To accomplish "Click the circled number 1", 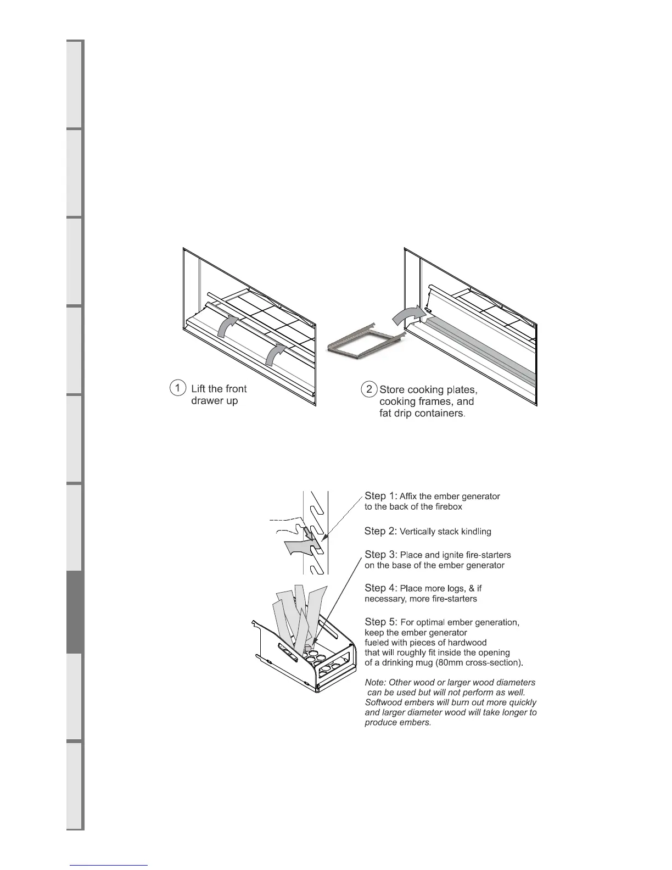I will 177,388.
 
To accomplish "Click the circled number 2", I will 369,389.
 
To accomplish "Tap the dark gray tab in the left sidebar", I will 75,612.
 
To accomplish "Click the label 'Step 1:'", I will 381,496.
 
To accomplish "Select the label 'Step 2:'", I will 381,531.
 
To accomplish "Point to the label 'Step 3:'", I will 381,555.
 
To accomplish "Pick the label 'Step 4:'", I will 381,588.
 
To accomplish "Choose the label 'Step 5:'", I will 381,622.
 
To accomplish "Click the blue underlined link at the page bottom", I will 109,865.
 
